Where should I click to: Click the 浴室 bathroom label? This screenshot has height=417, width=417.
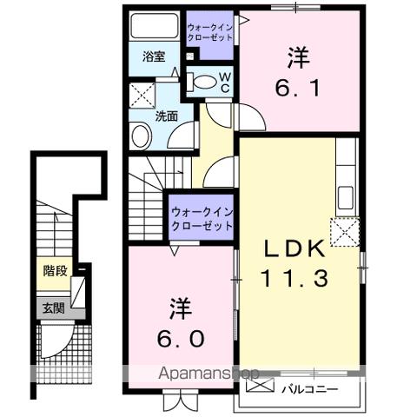click(x=155, y=57)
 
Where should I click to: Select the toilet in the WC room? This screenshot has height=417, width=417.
click(x=204, y=83)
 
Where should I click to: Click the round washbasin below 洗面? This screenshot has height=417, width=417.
click(x=141, y=136)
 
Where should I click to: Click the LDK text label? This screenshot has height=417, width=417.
click(x=295, y=249)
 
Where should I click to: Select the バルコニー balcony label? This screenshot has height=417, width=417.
click(x=310, y=387)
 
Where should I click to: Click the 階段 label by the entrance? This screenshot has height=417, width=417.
click(x=55, y=270)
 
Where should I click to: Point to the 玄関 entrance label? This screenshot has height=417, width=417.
click(x=54, y=307)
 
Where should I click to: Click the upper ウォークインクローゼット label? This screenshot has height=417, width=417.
click(x=209, y=34)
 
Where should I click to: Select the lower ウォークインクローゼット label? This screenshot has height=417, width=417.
click(x=202, y=218)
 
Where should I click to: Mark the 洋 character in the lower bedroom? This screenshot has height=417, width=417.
click(x=180, y=308)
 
